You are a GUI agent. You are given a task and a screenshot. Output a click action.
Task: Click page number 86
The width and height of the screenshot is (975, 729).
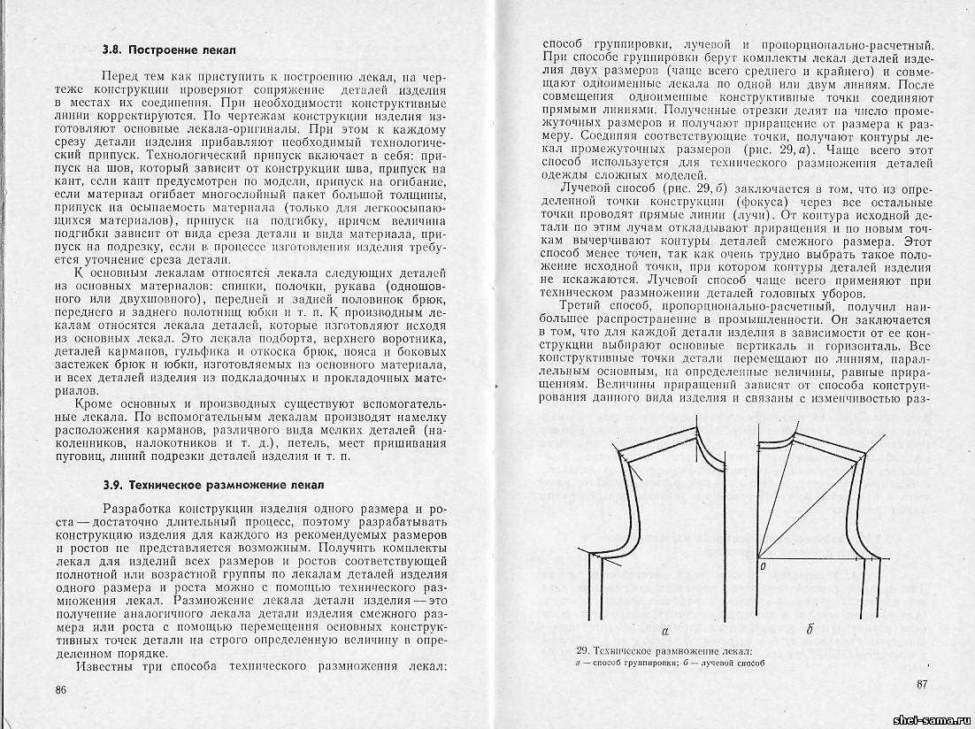point(61,689)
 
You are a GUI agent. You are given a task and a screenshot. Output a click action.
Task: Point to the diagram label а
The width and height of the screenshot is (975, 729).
point(664,630)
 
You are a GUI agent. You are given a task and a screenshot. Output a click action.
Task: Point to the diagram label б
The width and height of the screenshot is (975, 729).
point(810,630)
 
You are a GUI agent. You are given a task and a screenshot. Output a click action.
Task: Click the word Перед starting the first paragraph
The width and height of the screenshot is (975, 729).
point(120,78)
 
